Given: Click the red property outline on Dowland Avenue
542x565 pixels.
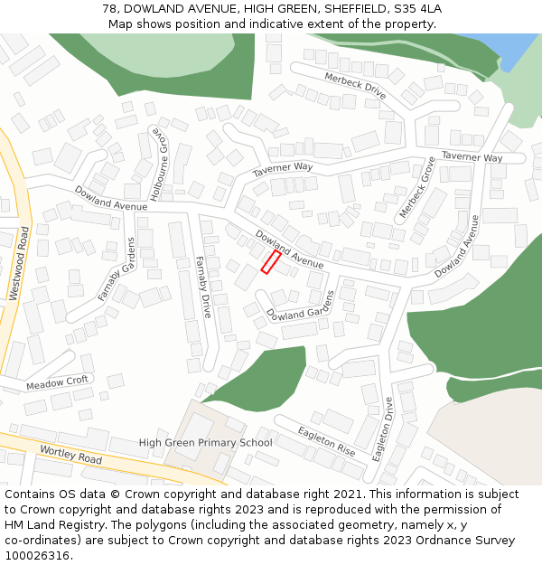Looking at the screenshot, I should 270,262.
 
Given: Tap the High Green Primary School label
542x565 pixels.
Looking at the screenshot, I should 205,443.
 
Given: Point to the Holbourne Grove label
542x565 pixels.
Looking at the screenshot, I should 159,167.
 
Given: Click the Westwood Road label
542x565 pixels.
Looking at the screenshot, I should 19,263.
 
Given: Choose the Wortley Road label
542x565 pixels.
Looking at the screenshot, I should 70,454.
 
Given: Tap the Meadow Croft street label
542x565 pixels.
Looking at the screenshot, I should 57,382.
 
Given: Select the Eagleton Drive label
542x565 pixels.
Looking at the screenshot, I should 384,428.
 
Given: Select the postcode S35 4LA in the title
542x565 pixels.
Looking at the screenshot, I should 416,9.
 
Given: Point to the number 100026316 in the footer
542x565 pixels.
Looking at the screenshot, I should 37,556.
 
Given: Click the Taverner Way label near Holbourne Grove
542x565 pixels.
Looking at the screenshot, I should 282,169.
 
